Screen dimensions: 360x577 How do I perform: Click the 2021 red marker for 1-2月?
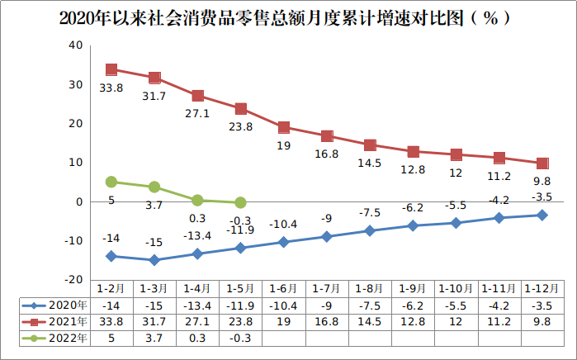point(111,70)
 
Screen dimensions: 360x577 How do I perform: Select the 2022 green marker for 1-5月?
point(240,202)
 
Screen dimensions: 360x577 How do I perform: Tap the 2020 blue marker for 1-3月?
point(154,260)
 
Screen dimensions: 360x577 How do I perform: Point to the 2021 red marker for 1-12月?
point(542,163)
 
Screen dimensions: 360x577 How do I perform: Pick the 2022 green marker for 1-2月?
point(111,182)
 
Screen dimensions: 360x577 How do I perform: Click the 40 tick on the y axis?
point(74,45)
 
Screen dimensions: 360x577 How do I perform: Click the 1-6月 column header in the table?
point(283,289)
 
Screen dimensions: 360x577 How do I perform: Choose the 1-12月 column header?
point(542,289)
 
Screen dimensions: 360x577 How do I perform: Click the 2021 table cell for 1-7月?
point(326,321)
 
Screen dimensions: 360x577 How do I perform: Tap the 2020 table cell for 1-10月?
point(456,306)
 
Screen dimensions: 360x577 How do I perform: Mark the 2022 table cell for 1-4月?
point(197,337)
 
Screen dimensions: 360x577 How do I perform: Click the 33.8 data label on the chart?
point(111,88)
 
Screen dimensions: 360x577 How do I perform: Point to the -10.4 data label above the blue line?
point(284,224)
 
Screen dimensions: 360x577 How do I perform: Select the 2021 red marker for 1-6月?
point(283,127)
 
